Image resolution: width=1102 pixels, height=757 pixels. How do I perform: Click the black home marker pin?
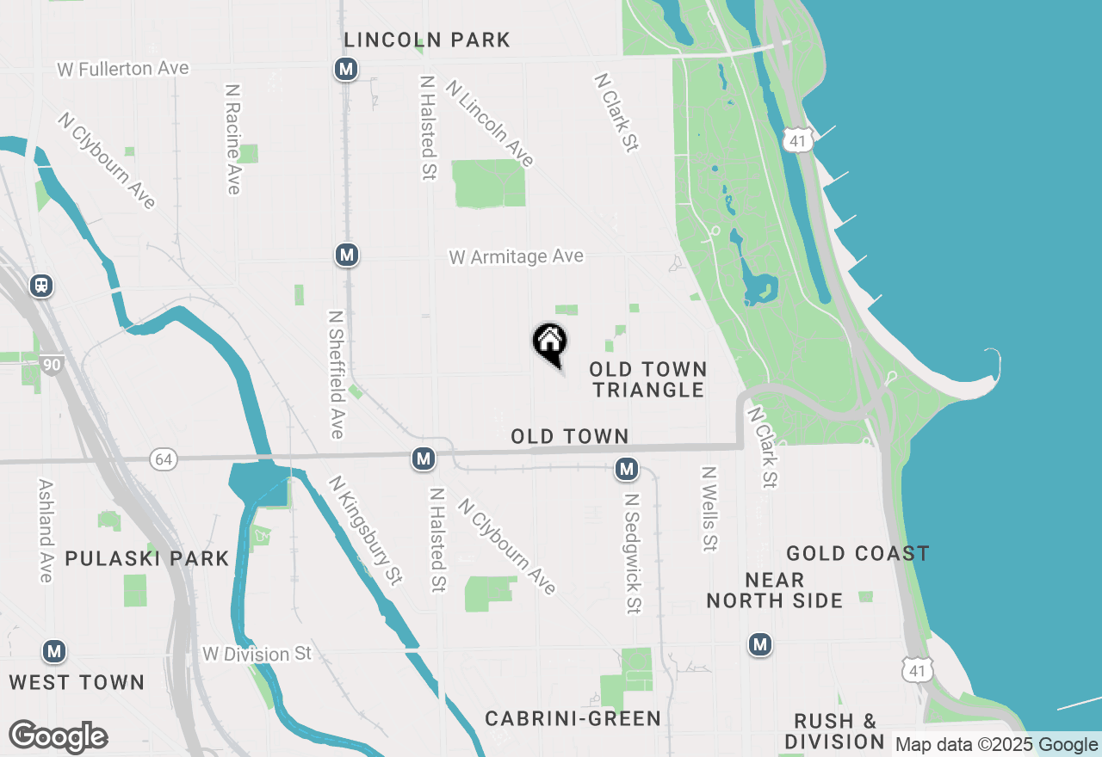549,343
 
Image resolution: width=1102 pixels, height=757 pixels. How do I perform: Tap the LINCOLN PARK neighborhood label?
426,40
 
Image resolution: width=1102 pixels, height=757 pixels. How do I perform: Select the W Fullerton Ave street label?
123,69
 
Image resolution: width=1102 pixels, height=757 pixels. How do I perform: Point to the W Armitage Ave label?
516,256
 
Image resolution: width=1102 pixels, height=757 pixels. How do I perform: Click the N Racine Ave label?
232,138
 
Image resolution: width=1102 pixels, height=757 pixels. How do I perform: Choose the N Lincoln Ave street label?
490,123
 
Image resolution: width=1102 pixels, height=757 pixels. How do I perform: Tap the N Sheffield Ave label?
336,374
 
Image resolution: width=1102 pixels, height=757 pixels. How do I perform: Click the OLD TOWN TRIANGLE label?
648,379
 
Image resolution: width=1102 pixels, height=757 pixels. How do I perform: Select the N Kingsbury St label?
365,532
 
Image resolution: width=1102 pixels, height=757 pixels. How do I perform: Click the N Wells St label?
709,508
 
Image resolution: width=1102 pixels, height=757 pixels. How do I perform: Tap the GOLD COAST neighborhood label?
857,553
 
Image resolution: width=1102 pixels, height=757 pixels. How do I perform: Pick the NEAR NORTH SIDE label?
775,590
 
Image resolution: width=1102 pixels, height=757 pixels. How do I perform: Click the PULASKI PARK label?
147,559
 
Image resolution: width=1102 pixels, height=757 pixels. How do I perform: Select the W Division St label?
257,655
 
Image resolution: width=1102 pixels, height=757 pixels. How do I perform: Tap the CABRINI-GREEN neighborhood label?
573,718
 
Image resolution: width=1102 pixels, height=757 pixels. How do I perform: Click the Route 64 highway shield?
164,459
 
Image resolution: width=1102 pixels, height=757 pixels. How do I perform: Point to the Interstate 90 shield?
52,365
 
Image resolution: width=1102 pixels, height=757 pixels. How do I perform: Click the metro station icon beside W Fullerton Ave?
346,69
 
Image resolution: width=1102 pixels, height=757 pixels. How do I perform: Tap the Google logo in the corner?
58,737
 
